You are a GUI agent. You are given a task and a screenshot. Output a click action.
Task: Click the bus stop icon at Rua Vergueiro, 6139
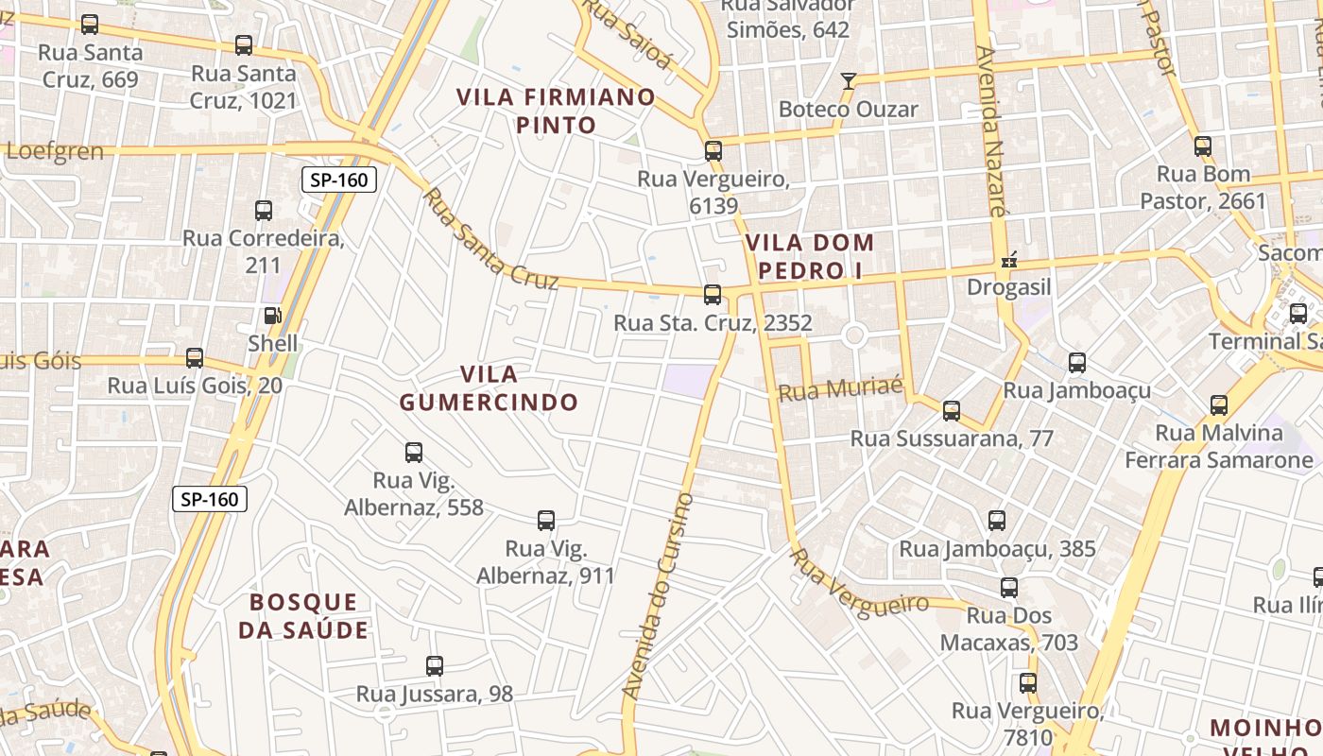point(713,150)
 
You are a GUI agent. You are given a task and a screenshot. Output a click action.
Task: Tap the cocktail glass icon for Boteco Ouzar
point(849,80)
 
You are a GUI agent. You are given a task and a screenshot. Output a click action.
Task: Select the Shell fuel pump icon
point(272,316)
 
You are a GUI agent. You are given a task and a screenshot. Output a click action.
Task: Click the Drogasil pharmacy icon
point(1008,259)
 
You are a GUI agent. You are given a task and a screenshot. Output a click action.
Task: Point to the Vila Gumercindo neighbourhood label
point(488,388)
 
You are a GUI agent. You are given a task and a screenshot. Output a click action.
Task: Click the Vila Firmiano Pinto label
point(556,111)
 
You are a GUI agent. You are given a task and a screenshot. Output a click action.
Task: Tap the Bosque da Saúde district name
point(303,616)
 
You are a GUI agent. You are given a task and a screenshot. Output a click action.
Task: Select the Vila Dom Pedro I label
point(810,256)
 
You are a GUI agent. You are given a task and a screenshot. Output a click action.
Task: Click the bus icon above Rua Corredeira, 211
point(264,211)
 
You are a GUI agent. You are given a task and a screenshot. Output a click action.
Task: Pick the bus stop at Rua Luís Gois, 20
point(195,357)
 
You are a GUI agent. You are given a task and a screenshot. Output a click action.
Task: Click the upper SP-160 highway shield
point(339,180)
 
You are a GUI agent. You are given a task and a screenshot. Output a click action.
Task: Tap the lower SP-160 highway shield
point(210,499)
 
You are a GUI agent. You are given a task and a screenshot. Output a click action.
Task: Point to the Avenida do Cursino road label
point(659,596)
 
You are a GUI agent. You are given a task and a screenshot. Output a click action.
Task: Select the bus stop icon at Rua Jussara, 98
point(435,665)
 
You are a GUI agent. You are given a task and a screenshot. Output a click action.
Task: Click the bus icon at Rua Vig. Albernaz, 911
point(546,520)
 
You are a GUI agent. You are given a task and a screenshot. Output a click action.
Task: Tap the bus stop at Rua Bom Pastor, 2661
point(1203,146)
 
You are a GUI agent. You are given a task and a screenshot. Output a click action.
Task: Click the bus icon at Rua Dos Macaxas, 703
point(1009,588)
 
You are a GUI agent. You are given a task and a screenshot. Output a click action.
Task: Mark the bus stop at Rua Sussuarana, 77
point(952,410)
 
